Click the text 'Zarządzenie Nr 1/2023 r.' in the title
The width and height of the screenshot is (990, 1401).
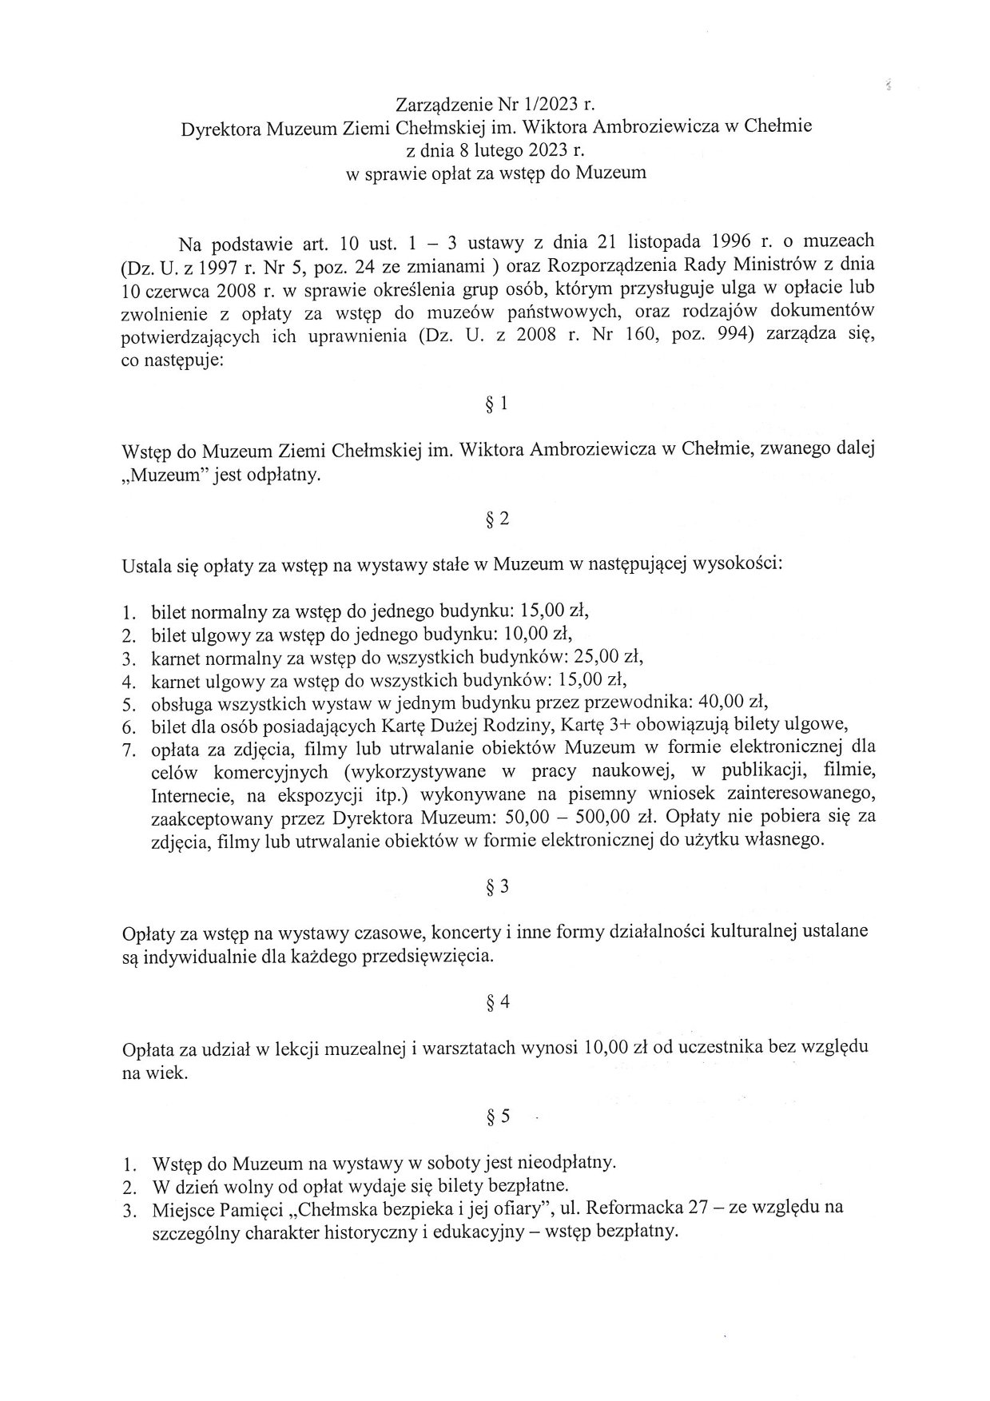pyautogui.click(x=495, y=104)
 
